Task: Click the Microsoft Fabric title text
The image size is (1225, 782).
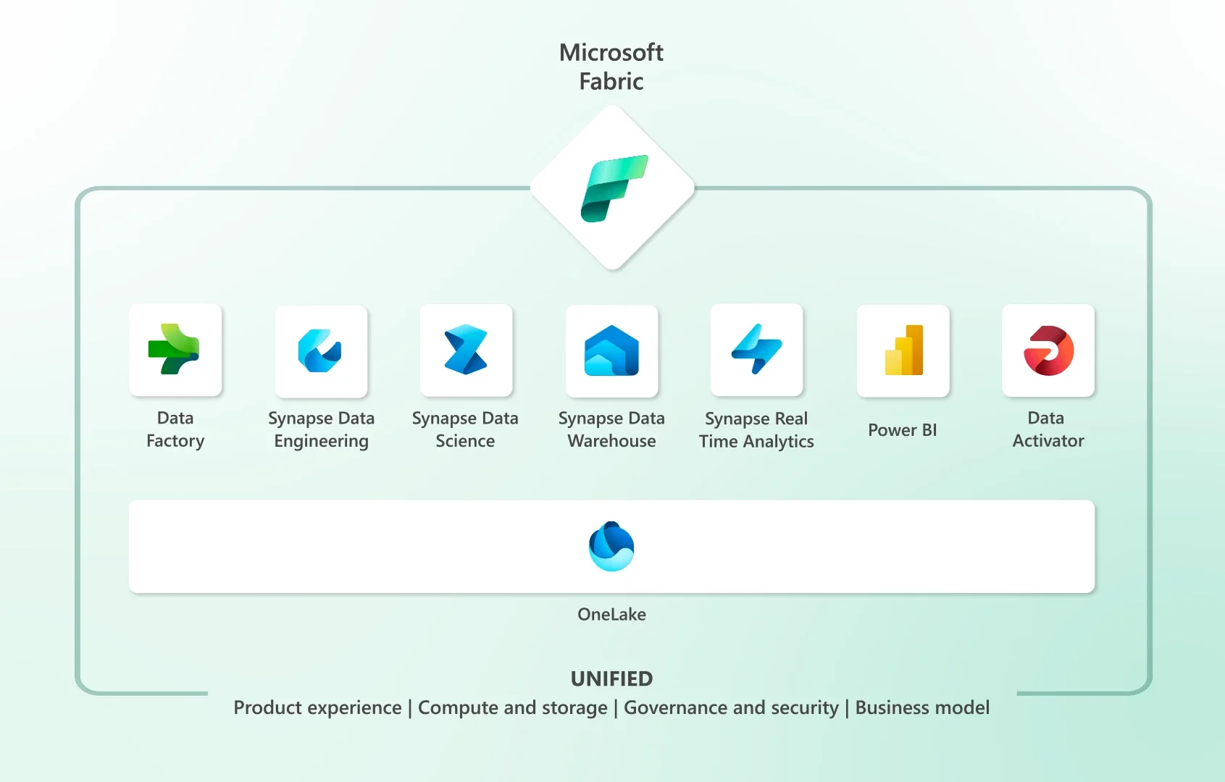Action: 611,67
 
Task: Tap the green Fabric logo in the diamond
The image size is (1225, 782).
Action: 613,188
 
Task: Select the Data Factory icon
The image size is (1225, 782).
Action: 175,350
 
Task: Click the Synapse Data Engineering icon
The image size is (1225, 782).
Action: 320,351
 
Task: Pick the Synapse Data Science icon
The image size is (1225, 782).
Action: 466,350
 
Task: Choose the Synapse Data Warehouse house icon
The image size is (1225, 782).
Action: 611,351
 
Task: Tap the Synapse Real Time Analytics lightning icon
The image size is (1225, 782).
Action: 756,350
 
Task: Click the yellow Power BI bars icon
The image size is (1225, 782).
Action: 903,350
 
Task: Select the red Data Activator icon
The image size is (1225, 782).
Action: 1048,350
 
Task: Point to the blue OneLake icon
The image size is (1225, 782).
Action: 611,546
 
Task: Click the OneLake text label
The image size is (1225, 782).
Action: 611,614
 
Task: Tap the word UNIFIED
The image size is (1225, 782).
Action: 611,678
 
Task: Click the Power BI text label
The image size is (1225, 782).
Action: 902,430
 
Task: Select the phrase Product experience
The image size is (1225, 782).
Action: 317,707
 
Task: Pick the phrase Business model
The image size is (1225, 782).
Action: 922,707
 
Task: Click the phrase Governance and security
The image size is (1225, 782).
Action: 731,707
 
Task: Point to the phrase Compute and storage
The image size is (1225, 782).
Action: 513,707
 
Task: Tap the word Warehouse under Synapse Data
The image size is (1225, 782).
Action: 611,441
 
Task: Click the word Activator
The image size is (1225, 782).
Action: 1048,441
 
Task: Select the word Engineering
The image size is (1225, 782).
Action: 321,441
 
